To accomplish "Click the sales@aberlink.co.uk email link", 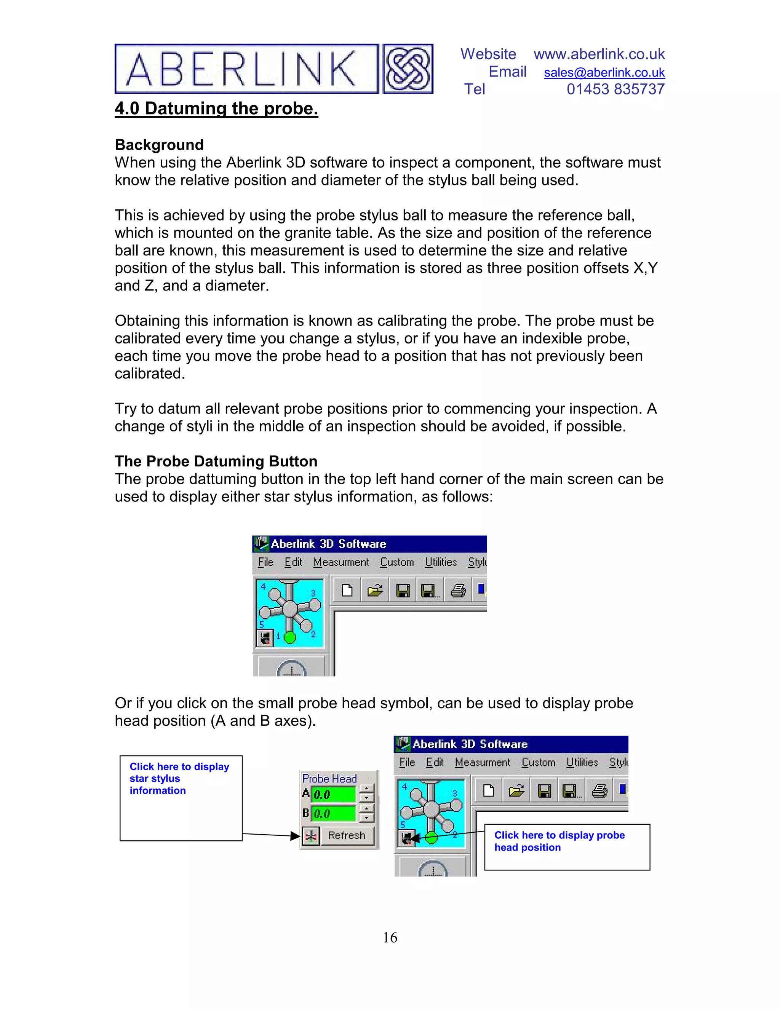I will tap(604, 72).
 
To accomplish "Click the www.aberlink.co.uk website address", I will tap(599, 54).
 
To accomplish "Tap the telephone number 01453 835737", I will tap(615, 89).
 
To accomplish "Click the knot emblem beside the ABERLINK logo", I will tap(408, 69).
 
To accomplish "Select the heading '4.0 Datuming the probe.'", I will tap(216, 109).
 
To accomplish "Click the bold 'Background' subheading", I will tap(159, 145).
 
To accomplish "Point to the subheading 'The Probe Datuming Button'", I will tap(216, 461).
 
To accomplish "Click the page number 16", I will tap(390, 937).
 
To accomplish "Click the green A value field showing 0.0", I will tap(333, 795).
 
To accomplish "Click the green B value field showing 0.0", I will tap(333, 814).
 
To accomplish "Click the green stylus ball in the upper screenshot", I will tap(290, 637).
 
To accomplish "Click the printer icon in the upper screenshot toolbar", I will tap(458, 591).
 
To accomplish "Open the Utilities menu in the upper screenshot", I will tap(440, 562).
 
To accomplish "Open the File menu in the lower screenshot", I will tap(407, 762).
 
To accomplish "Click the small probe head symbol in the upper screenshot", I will tap(265, 638).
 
